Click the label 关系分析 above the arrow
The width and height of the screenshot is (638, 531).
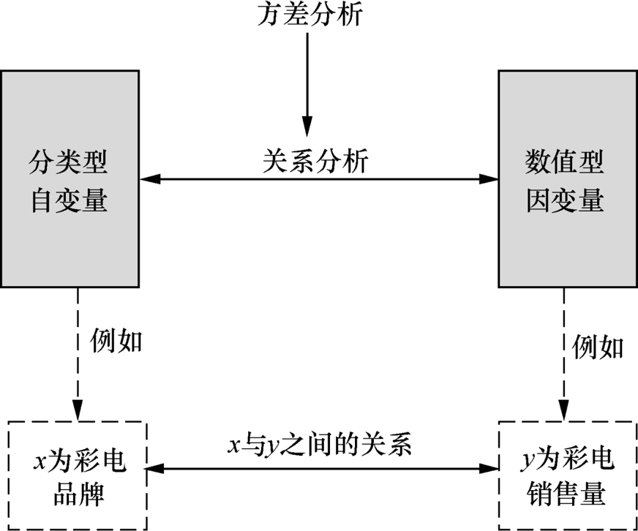click(315, 160)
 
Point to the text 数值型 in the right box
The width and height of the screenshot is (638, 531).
click(565, 162)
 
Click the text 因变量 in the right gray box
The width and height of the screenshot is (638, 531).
click(565, 200)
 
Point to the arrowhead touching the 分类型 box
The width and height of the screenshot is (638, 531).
click(148, 178)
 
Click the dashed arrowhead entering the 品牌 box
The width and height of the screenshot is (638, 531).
click(77, 412)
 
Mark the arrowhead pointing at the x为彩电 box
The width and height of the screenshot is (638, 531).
click(156, 468)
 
